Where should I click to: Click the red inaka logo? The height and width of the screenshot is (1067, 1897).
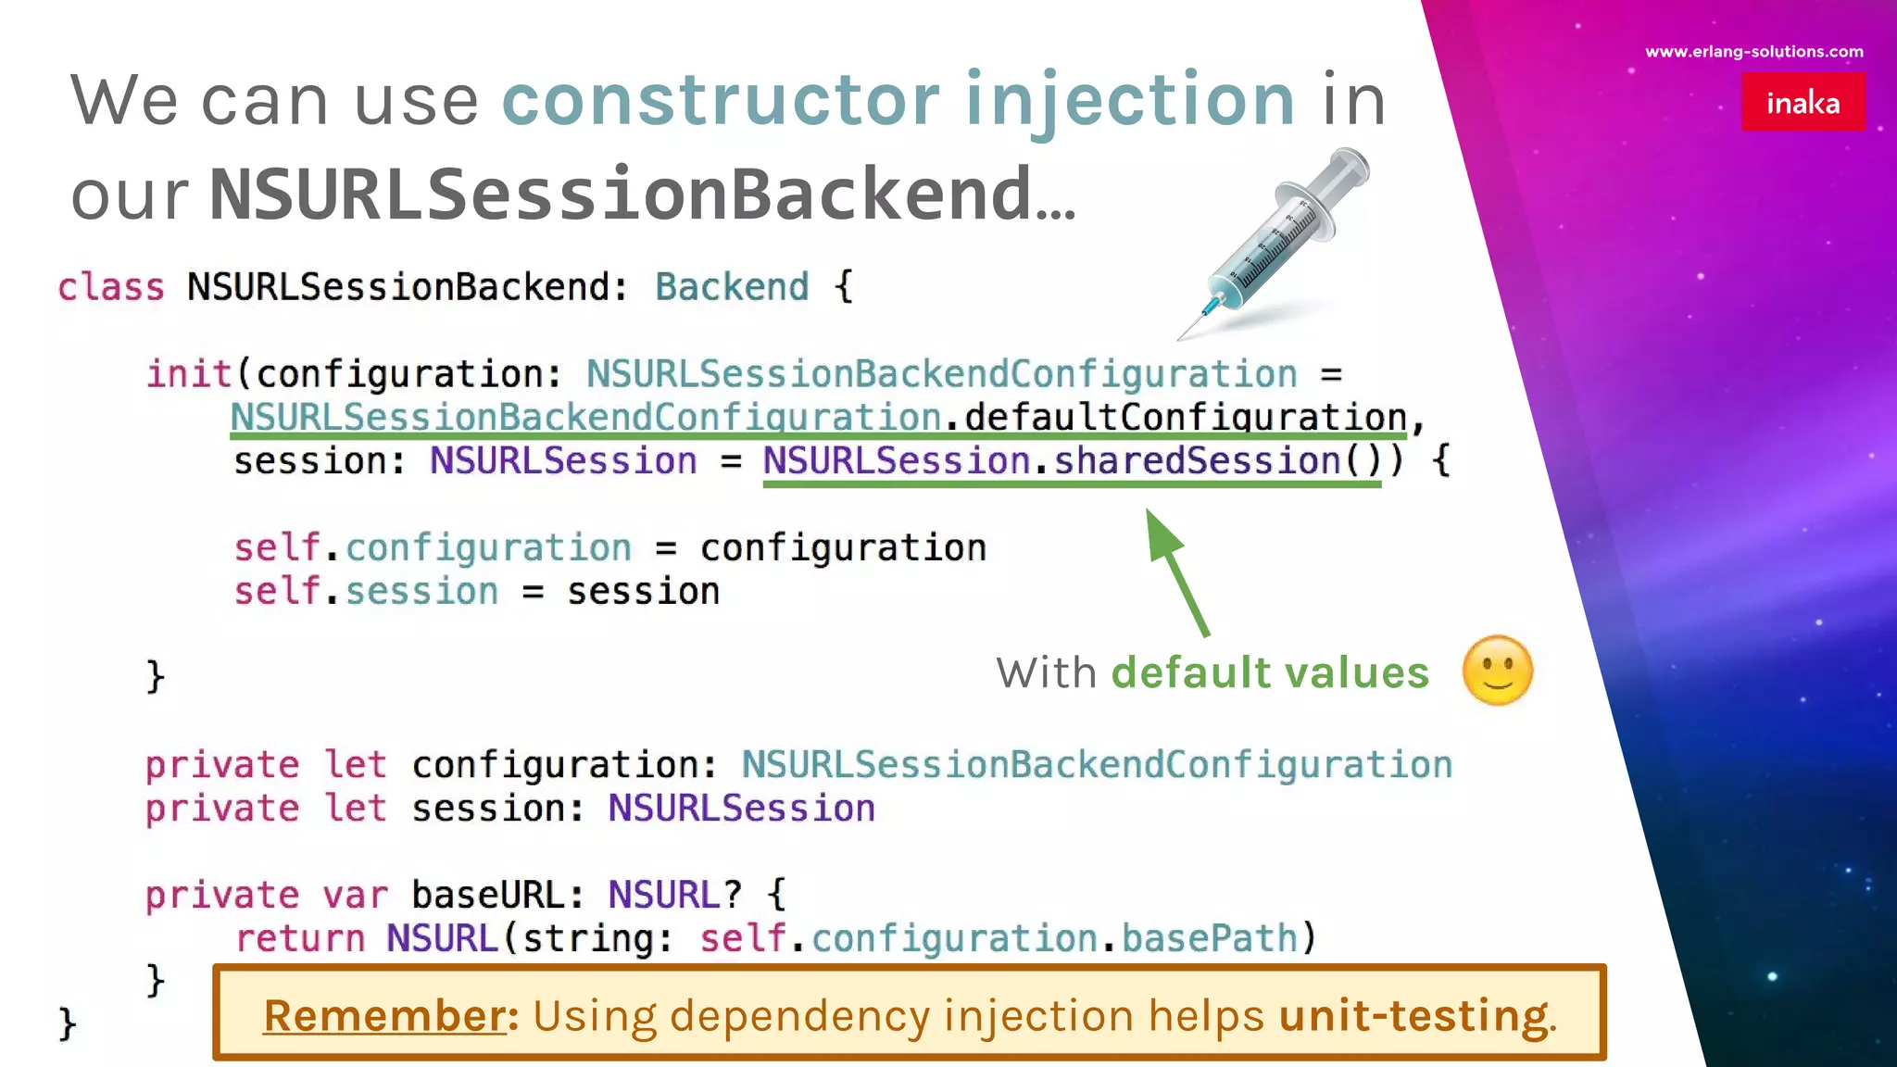(1803, 102)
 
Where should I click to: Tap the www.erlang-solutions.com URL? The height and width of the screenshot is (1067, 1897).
(1753, 52)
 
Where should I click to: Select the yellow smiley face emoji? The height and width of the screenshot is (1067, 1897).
(1497, 671)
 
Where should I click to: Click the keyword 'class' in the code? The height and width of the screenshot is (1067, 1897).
(110, 287)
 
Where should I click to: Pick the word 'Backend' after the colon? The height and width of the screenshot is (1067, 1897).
(731, 287)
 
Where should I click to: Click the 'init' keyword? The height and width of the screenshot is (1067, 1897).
(189, 374)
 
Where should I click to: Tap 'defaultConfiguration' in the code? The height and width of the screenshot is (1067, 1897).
(1185, 418)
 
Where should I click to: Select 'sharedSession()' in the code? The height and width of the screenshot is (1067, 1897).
(1215, 461)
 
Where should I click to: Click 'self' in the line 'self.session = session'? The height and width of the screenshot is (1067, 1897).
(276, 591)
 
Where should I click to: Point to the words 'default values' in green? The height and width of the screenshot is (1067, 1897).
(1269, 672)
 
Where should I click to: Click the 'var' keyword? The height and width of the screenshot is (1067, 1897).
(355, 896)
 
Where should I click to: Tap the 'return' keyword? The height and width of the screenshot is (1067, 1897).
(300, 939)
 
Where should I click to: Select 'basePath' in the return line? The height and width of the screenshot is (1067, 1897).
(1208, 939)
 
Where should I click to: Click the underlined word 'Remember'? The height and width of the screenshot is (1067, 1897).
(383, 1015)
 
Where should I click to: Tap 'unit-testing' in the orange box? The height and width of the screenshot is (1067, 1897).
(1413, 1015)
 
